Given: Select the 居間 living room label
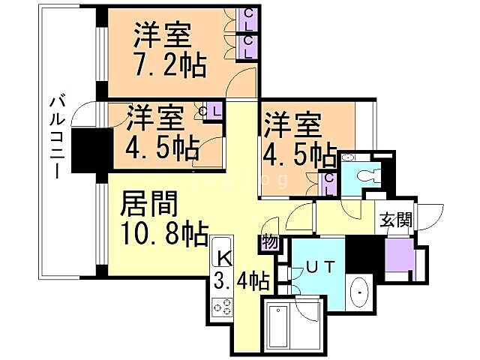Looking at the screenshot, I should click(149, 203).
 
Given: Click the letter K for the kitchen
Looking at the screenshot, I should click(223, 257).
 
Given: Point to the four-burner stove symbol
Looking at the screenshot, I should click(222, 306).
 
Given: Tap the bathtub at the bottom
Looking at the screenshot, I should click(279, 326).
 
